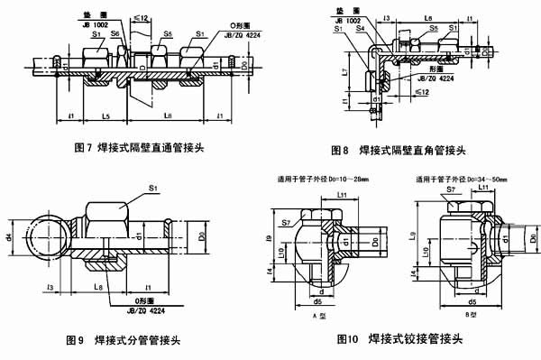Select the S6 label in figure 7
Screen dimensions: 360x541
click(114, 33)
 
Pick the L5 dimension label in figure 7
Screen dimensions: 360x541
click(106, 117)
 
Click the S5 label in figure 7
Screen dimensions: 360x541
click(169, 33)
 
